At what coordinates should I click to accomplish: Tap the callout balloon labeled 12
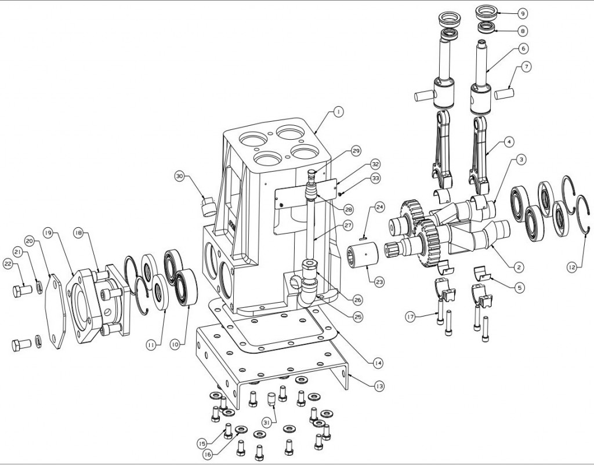[x=573, y=267]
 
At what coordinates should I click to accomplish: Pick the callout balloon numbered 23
[x=379, y=282]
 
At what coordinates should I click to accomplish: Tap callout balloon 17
[x=410, y=317]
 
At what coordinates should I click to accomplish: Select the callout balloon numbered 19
[x=48, y=232]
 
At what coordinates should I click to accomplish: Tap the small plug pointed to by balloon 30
[x=208, y=205]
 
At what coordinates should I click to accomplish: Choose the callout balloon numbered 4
[x=509, y=141]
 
